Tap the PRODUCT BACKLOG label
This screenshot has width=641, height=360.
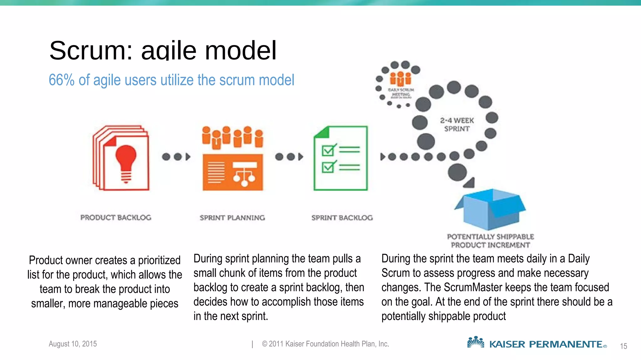pyautogui.click(x=116, y=217)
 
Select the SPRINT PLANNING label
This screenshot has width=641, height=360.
pyautogui.click(x=232, y=217)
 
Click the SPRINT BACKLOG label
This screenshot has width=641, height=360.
pyautogui.click(x=342, y=217)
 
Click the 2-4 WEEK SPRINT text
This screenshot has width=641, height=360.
pyautogui.click(x=457, y=124)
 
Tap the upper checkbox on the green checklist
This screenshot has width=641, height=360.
pyautogui.click(x=328, y=151)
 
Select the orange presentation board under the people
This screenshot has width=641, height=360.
pyautogui.click(x=233, y=172)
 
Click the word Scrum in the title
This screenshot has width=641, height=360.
pyautogui.click(x=91, y=51)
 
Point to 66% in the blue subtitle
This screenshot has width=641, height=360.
pyautogui.click(x=61, y=80)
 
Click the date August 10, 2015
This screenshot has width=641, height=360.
pyautogui.click(x=73, y=344)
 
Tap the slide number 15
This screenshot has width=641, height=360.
pyautogui.click(x=623, y=346)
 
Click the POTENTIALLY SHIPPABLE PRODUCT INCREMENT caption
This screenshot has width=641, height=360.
pyautogui.click(x=490, y=241)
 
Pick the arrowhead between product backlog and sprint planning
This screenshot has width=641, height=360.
pyautogui.click(x=188, y=157)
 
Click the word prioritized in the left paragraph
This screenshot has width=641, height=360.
pyautogui.click(x=159, y=260)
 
